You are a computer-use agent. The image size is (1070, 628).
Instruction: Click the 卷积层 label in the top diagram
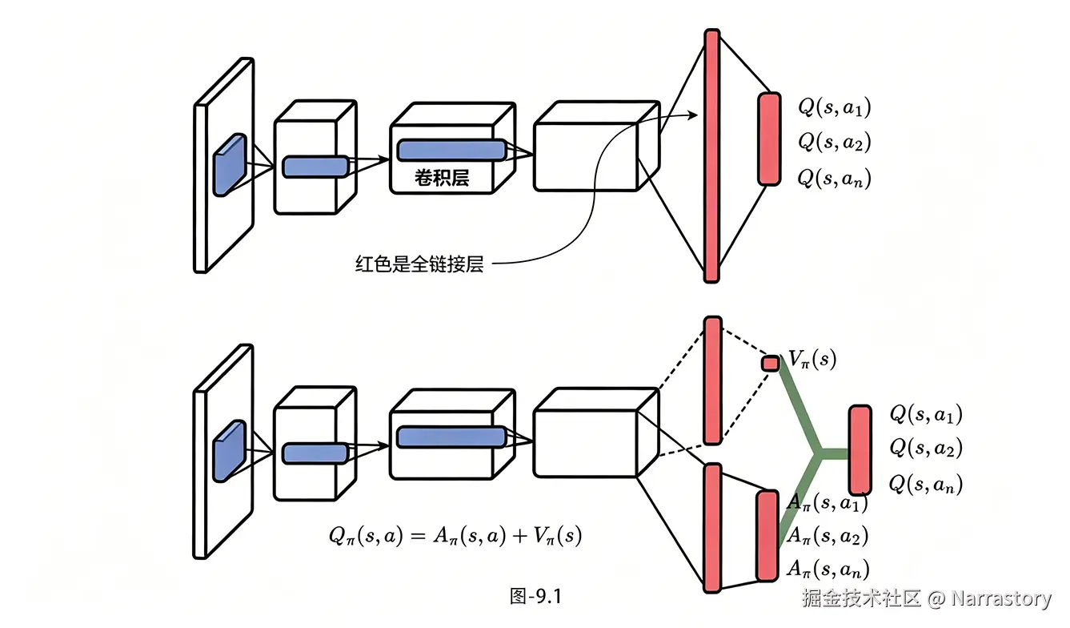click(441, 178)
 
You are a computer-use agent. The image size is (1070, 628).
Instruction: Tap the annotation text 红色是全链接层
click(419, 264)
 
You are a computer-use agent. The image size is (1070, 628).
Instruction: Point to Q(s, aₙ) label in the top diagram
click(834, 177)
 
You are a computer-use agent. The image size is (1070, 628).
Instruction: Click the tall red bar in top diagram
click(711, 156)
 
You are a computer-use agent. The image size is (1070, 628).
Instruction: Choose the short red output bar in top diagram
click(769, 139)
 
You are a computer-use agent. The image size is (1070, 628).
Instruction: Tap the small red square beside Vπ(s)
click(770, 363)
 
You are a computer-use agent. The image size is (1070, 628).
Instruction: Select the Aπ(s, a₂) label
click(828, 535)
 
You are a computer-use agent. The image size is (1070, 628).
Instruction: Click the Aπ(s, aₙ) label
click(828, 569)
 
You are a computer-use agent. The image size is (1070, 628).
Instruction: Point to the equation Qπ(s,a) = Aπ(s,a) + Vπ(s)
click(455, 536)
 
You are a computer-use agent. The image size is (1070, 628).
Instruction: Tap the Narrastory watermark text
click(1001, 598)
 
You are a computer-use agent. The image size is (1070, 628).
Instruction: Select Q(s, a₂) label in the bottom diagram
click(926, 448)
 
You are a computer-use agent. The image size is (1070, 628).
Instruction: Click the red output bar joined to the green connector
click(860, 449)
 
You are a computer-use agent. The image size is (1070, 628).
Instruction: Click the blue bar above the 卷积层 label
click(451, 150)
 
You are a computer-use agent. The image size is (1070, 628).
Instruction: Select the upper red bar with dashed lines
click(712, 380)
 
